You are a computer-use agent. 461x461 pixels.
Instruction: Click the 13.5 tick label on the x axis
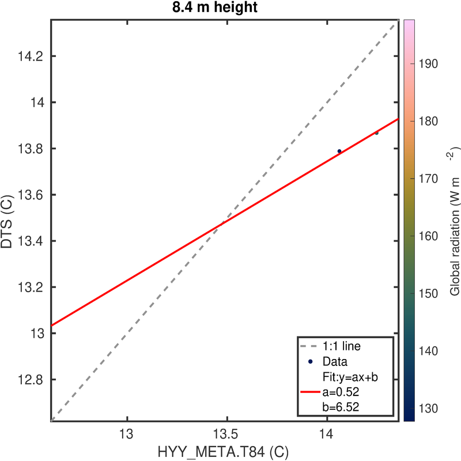click(x=227, y=434)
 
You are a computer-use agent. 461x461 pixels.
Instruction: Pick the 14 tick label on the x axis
click(x=327, y=434)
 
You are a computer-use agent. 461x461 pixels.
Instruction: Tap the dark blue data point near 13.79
click(x=339, y=151)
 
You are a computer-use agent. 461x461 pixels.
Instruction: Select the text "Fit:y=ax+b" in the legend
click(x=349, y=377)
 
